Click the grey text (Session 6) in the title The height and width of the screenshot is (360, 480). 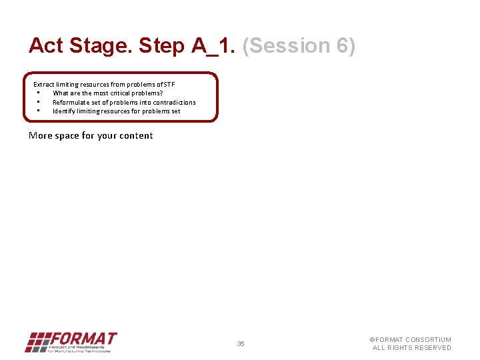point(299,46)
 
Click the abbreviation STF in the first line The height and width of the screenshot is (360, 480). point(169,85)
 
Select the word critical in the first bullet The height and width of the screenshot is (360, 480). point(122,93)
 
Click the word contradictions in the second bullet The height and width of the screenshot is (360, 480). point(173,103)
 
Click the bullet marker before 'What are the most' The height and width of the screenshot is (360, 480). point(39,93)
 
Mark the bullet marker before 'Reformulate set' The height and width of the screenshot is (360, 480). point(39,102)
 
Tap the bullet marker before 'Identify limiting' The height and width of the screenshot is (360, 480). point(39,111)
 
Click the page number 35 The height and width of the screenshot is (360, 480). point(241,344)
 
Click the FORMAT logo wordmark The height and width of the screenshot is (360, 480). point(83,339)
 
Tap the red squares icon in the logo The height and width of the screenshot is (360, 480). point(37,342)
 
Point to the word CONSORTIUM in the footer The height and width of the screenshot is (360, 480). point(428,340)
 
